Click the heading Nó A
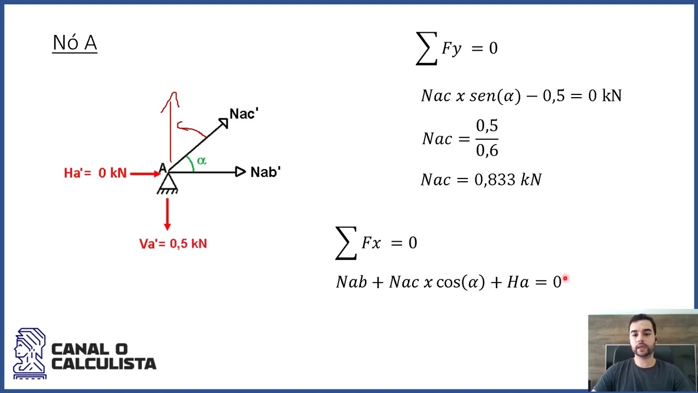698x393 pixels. (x=75, y=43)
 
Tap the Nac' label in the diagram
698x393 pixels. (x=244, y=114)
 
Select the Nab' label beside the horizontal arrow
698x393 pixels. (x=266, y=172)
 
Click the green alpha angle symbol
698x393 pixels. (x=202, y=161)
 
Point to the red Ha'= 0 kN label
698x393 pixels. (x=95, y=173)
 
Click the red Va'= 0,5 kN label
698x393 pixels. (x=173, y=243)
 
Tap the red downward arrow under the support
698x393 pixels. (x=167, y=215)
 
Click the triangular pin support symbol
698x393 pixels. (x=167, y=183)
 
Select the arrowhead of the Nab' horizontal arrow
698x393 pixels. (x=240, y=171)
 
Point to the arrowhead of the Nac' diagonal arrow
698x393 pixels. (x=224, y=123)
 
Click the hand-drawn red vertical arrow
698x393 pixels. (x=171, y=126)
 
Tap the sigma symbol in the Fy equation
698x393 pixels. (x=426, y=49)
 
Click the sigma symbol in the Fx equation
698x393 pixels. (x=346, y=243)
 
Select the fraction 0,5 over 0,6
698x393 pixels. (x=487, y=138)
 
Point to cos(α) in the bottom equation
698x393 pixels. (x=461, y=282)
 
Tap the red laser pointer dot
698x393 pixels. (x=565, y=278)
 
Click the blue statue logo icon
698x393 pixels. (x=30, y=353)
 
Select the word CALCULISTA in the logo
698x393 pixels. (x=104, y=364)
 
